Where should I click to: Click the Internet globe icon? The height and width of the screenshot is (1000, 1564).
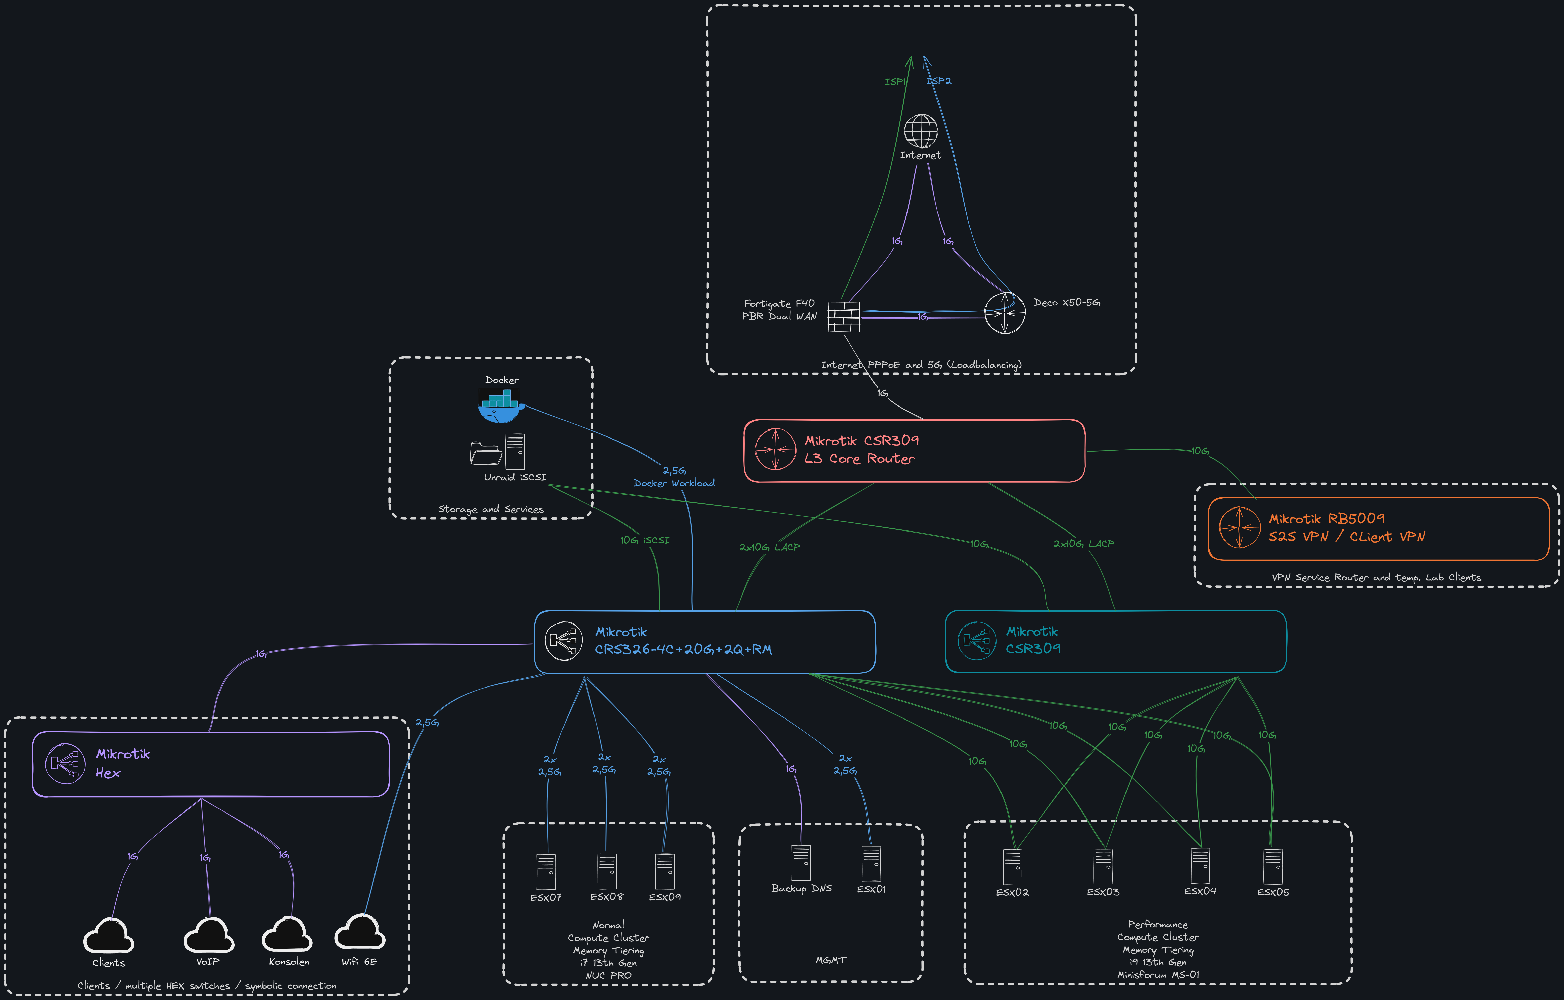[x=921, y=131]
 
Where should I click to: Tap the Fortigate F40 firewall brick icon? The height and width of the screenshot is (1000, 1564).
[x=844, y=317]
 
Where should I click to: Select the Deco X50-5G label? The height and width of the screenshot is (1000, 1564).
[x=1067, y=303]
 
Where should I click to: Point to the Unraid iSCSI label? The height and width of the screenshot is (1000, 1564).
[x=515, y=477]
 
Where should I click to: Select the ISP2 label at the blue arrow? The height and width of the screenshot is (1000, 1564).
[x=939, y=81]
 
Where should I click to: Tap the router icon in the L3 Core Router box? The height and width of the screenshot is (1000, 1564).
[x=775, y=449]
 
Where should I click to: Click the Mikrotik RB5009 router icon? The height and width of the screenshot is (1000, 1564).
[x=1239, y=527]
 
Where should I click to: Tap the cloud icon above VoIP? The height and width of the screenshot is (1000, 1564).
[x=208, y=936]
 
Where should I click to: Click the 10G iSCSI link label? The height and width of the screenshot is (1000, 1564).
[x=644, y=540]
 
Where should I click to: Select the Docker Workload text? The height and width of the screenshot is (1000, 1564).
[x=674, y=483]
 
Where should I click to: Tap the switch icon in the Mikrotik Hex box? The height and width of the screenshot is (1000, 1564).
[x=65, y=764]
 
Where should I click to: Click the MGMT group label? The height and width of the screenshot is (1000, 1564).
[x=831, y=960]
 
